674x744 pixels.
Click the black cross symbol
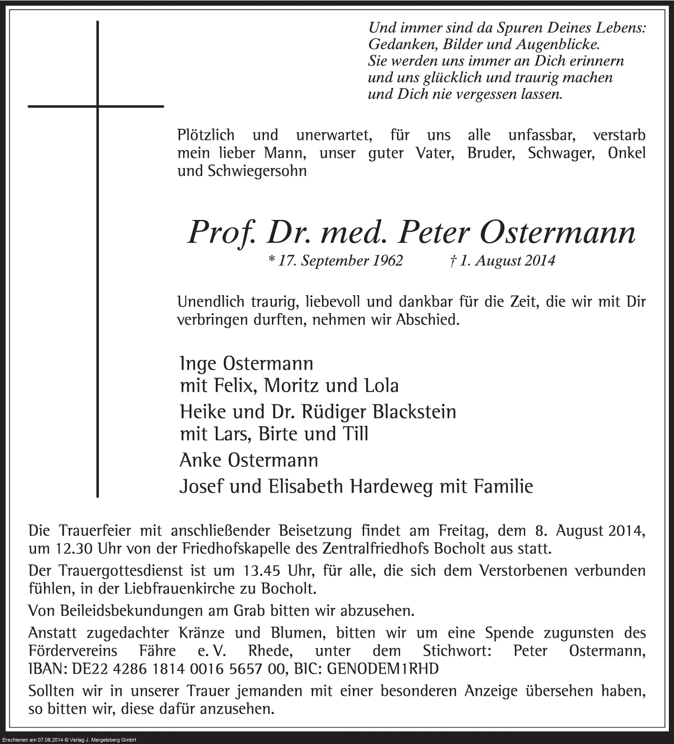point(97,107)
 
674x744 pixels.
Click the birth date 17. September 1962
point(336,260)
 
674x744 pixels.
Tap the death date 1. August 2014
point(502,260)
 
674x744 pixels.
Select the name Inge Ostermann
point(246,364)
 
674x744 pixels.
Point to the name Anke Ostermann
point(249,460)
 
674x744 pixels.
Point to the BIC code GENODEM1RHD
point(382,669)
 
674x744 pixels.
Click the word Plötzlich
point(206,135)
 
